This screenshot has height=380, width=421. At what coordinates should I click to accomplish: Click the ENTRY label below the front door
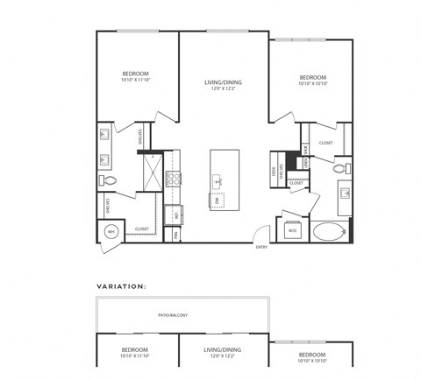click(261, 248)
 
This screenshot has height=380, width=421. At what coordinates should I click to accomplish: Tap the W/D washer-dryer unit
click(291, 230)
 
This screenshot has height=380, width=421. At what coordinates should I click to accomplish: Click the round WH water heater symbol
click(111, 231)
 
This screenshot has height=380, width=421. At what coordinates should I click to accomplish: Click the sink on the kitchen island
click(219, 180)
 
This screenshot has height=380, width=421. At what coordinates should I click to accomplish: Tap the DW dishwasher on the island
click(218, 201)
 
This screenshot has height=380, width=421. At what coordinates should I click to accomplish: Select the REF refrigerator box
click(175, 213)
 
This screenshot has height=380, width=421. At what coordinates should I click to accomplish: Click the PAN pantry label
click(176, 234)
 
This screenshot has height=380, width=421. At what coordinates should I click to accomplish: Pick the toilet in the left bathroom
click(110, 179)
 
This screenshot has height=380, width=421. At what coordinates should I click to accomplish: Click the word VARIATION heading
click(121, 285)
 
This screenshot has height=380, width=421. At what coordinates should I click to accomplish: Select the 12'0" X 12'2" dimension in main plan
click(223, 88)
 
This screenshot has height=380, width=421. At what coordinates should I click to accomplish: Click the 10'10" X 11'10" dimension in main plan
click(135, 79)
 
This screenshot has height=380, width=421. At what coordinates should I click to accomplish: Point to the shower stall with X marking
click(152, 169)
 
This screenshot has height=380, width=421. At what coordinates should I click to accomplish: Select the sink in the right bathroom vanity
click(345, 194)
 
